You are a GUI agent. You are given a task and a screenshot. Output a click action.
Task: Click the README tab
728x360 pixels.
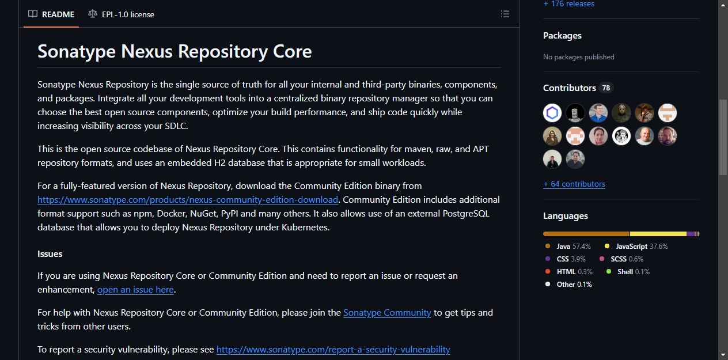(51, 14)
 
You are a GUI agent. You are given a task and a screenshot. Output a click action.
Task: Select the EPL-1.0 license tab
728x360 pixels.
(121, 14)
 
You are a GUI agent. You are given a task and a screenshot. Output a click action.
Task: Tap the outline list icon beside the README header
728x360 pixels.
(505, 14)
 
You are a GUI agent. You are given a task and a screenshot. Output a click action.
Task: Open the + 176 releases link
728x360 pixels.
(569, 4)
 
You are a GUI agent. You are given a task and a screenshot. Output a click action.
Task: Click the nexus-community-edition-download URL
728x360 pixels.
(188, 199)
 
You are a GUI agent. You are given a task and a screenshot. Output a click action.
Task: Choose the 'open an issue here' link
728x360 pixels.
(135, 290)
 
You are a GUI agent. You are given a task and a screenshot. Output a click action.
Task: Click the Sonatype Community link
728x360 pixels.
(387, 313)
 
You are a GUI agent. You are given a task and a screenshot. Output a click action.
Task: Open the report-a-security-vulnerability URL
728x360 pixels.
(333, 349)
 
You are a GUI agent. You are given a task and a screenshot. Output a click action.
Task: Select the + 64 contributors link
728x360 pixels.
(574, 184)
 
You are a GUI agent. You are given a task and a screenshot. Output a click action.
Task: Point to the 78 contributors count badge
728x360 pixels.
(606, 88)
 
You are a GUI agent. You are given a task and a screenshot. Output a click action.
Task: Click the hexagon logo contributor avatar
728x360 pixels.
(552, 113)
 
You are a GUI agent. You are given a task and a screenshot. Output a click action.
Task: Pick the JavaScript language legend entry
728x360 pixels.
(636, 247)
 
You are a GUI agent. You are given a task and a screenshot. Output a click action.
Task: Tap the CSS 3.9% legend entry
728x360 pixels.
(565, 259)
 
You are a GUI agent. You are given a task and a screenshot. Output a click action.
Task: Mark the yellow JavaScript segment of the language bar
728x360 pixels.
(658, 234)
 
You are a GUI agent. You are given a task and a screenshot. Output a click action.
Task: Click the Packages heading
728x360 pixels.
(562, 35)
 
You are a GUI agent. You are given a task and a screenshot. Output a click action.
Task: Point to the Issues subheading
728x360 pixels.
(50, 254)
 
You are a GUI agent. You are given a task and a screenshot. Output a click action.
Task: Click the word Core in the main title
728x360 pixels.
(292, 51)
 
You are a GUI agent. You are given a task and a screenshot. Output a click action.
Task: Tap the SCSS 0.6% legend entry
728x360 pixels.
(621, 259)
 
